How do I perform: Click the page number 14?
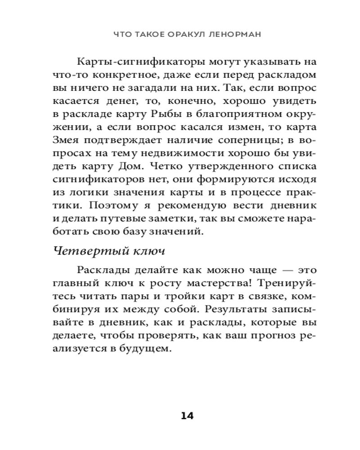pos(187,415)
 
